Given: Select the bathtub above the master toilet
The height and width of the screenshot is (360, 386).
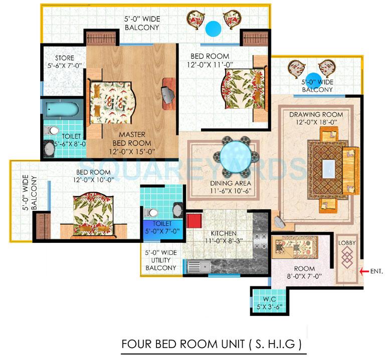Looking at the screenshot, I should coord(59,109).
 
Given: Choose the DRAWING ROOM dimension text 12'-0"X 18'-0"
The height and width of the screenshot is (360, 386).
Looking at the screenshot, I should coord(312,122).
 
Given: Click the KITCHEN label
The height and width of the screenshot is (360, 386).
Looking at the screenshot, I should coord(223,234).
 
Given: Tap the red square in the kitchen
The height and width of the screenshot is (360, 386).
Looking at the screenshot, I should coord(194,221).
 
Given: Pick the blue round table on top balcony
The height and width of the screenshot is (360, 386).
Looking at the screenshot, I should coord(213,27).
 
